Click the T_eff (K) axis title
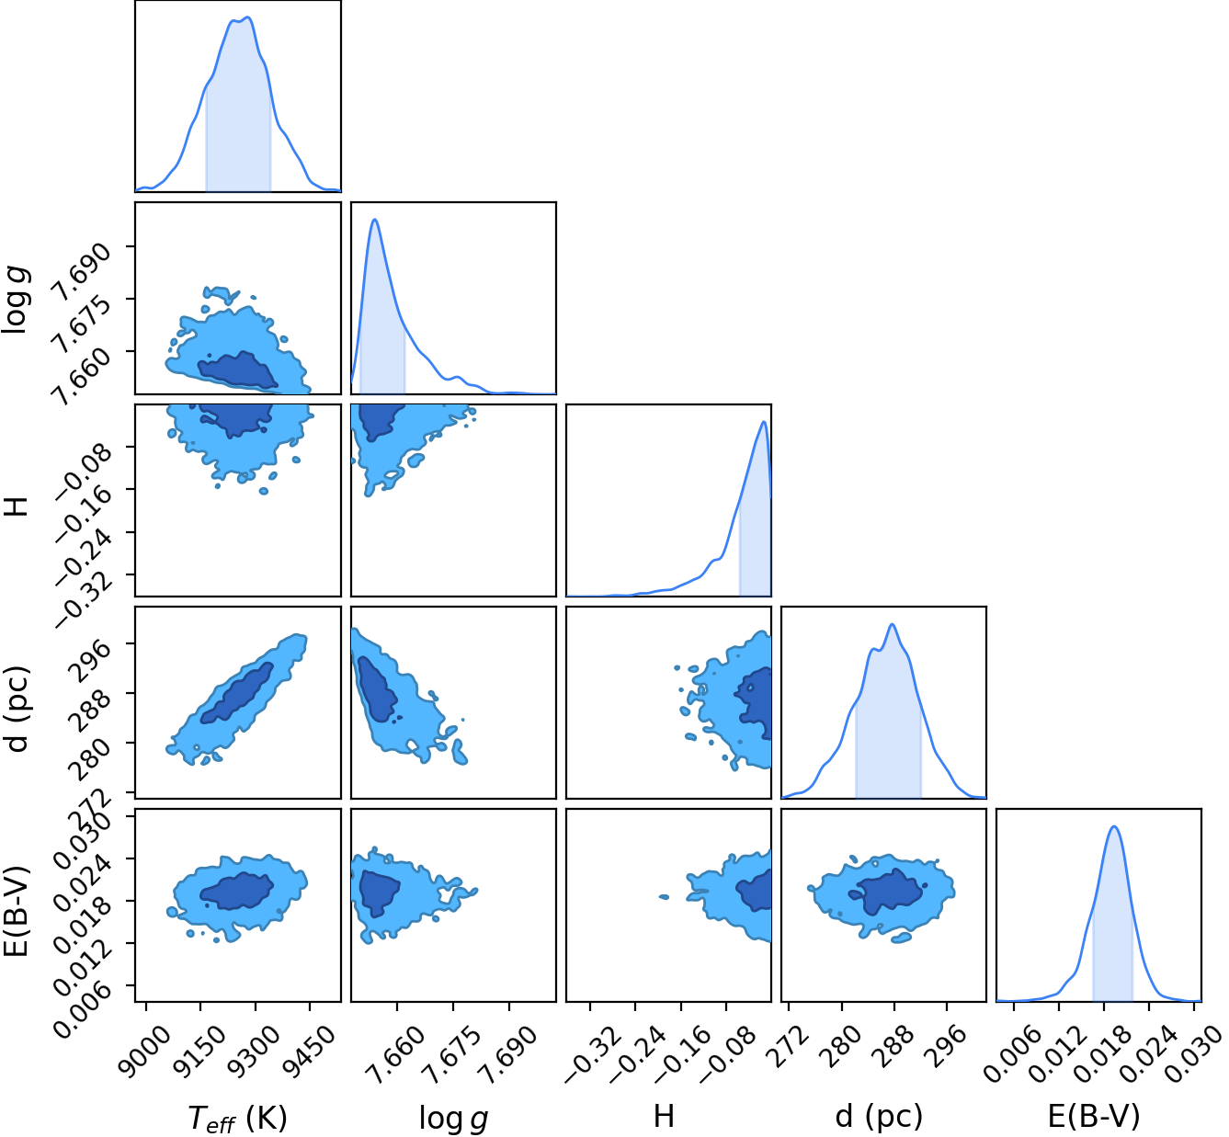(x=238, y=1118)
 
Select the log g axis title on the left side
(x=15, y=301)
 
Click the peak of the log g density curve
(x=374, y=219)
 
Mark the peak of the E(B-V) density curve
(x=1114, y=826)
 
